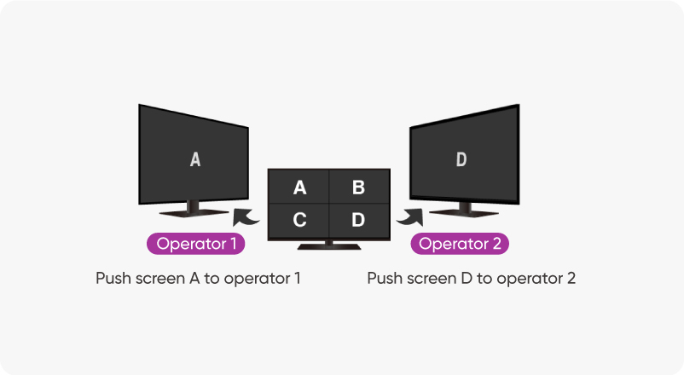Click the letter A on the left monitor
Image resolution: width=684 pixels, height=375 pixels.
click(195, 159)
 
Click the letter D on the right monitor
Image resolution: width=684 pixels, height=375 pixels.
click(461, 159)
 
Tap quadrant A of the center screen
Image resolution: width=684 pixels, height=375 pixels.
click(299, 187)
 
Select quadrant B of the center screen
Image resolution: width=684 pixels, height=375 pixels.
click(358, 187)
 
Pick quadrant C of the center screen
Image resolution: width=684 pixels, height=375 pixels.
click(299, 220)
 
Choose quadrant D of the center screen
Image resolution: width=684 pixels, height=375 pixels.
click(358, 220)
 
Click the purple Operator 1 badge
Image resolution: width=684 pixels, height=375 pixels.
click(196, 245)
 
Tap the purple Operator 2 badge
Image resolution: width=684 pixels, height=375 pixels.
click(461, 245)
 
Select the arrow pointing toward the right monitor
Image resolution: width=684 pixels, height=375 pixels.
click(409, 217)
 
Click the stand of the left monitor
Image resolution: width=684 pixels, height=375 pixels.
click(193, 209)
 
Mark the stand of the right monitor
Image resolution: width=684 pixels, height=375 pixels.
click(461, 210)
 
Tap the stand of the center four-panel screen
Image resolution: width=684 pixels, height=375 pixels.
click(328, 245)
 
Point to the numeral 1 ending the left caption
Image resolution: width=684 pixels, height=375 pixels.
click(297, 279)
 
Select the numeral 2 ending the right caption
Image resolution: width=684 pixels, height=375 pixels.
click(571, 279)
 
